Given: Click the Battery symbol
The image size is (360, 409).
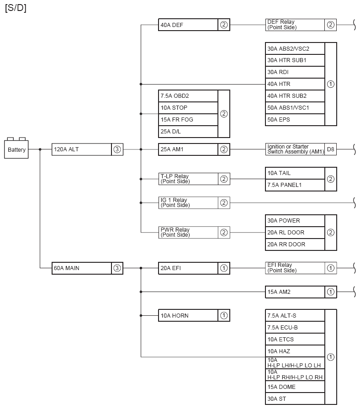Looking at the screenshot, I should tap(17, 149).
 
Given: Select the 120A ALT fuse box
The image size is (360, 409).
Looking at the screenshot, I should tap(82, 149).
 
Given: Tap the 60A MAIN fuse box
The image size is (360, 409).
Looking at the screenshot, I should tap(82, 268).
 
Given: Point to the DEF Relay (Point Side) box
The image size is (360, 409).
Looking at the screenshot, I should tap(295, 25).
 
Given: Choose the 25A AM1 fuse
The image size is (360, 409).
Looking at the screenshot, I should tap(188, 149).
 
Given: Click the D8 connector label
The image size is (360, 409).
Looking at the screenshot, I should tap(330, 149).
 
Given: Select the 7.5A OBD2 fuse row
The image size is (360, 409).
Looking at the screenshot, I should tap(188, 96).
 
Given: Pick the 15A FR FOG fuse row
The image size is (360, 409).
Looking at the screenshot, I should tap(188, 120).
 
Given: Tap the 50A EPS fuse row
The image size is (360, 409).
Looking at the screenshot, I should tap(295, 120).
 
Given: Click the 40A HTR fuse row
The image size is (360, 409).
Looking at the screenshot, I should tap(295, 84).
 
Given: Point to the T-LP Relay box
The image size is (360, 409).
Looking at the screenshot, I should tap(188, 179).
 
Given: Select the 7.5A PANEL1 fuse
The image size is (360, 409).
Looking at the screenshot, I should tap(295, 185).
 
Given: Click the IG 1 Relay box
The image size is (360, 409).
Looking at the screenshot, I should tap(188, 203).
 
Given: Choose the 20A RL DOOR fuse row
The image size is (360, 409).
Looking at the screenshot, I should tap(295, 233).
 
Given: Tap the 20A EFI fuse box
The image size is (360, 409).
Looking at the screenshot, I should tap(188, 268).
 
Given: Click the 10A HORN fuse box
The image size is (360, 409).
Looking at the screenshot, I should tap(188, 316).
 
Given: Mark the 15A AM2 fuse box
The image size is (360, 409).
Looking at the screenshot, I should tap(295, 292).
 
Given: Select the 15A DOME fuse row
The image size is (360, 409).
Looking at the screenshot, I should tap(295, 387).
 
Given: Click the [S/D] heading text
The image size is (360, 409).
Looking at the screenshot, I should tap(16, 9).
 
